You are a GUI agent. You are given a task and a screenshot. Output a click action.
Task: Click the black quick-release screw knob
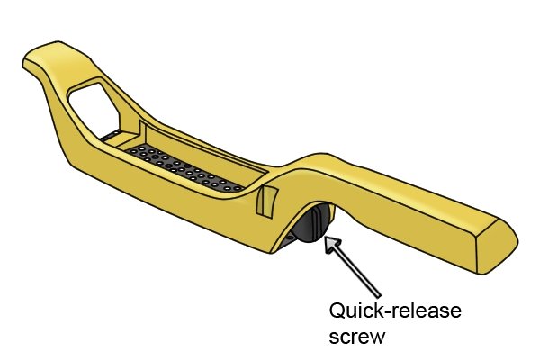coord(311,223)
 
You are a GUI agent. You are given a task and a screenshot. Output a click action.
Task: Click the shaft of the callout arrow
coord(358,272)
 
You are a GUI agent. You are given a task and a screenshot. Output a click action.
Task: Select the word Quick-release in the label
coord(395,310)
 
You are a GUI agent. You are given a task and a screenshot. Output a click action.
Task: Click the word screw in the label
coord(356,336)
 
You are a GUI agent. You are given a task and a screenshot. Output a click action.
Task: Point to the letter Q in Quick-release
coord(337,310)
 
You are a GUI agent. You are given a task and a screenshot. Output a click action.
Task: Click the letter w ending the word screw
coord(376,337)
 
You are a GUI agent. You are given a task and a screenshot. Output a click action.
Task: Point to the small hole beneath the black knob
coord(291,238)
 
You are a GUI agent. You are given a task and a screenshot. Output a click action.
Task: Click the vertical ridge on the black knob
coord(315,220)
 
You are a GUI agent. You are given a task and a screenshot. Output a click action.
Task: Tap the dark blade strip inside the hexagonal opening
coord(111,135)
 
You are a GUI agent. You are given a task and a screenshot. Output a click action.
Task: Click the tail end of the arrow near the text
coord(379,296)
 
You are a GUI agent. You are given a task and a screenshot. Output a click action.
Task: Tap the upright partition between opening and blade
coord(142,132)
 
